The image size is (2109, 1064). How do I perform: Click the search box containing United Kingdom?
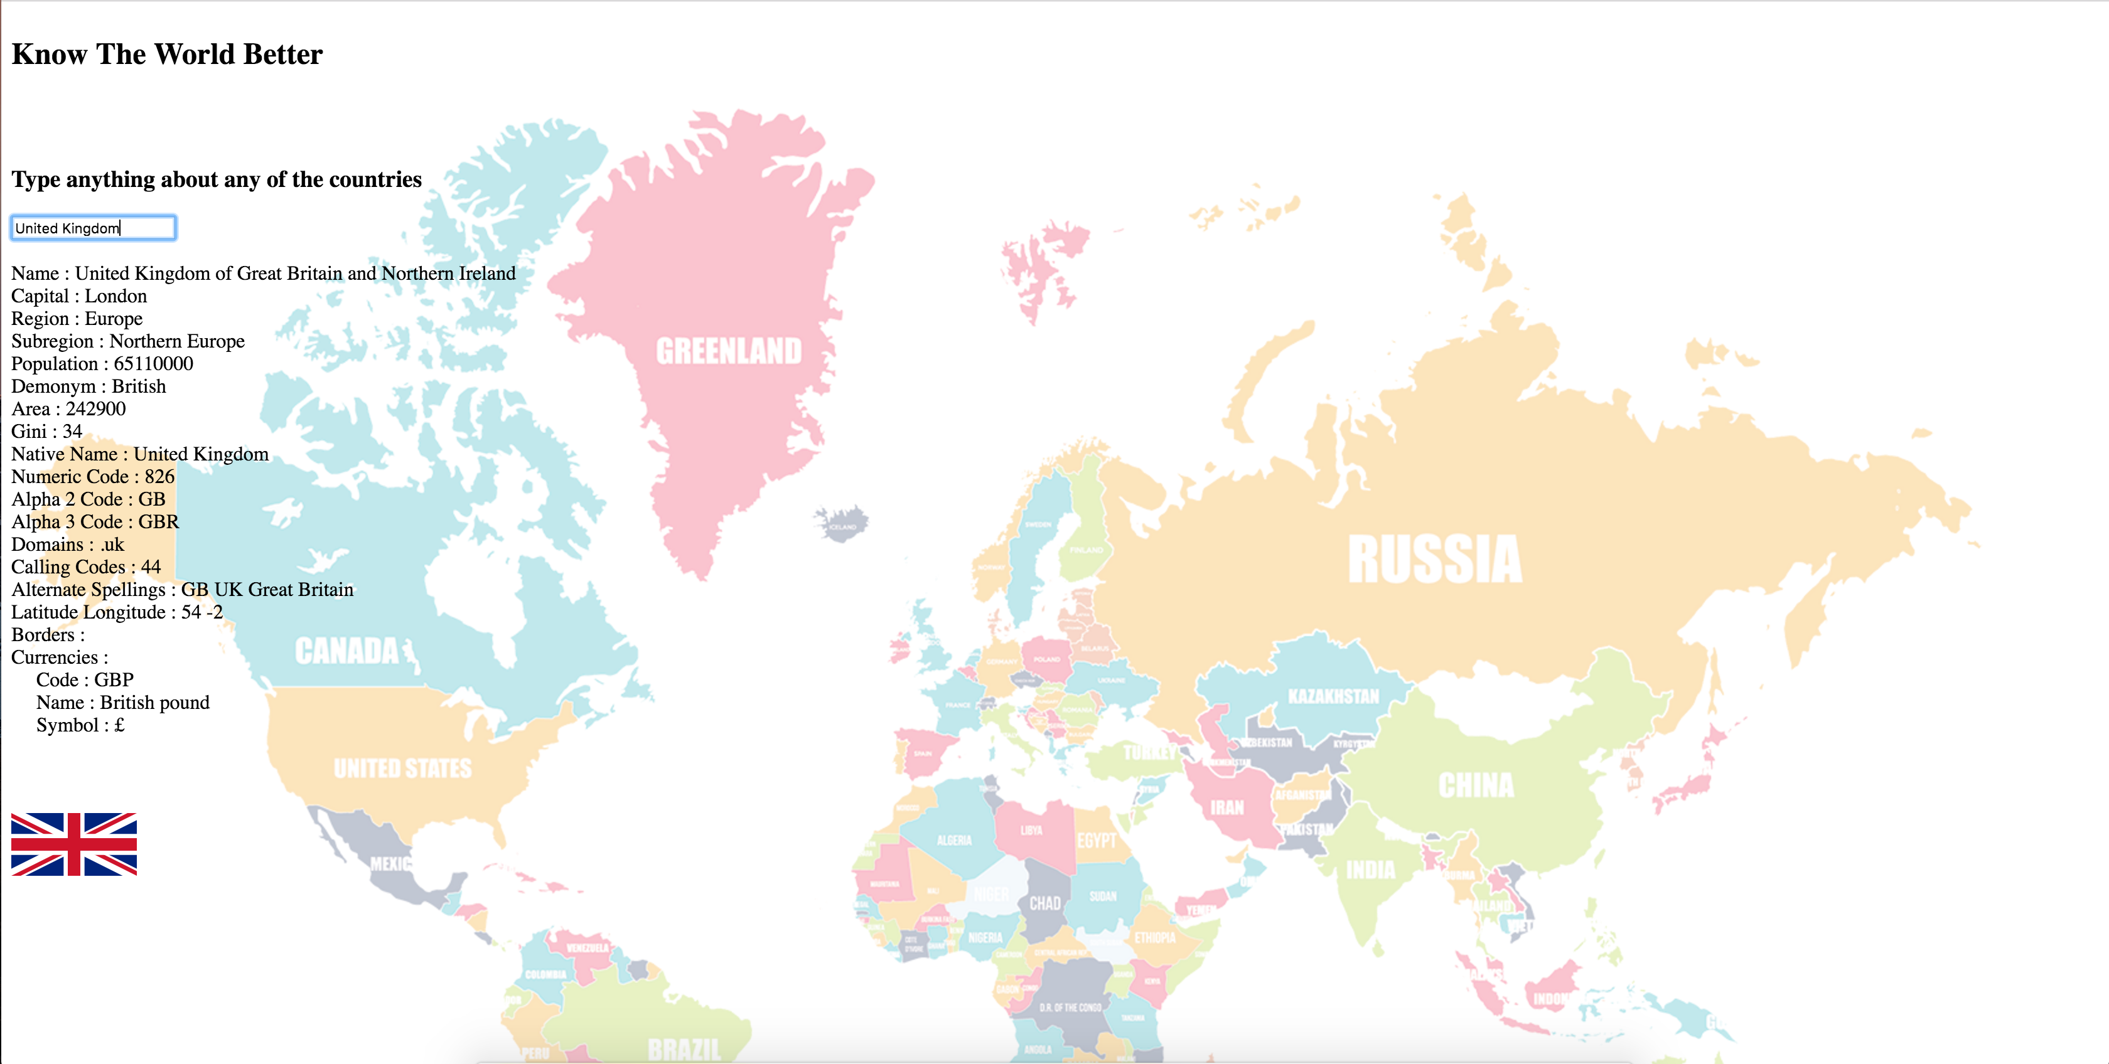pyautogui.click(x=92, y=228)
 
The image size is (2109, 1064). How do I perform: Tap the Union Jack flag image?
pyautogui.click(x=73, y=844)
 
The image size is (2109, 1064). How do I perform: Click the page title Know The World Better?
pyautogui.click(x=167, y=54)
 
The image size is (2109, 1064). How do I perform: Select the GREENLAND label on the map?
pyautogui.click(x=729, y=351)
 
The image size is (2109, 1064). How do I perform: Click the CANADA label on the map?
pyautogui.click(x=347, y=651)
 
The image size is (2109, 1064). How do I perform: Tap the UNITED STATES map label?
pyautogui.click(x=403, y=769)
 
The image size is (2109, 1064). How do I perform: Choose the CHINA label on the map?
pyautogui.click(x=1476, y=785)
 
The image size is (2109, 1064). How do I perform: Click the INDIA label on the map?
pyautogui.click(x=1370, y=870)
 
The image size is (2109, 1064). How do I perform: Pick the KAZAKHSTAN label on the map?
pyautogui.click(x=1333, y=696)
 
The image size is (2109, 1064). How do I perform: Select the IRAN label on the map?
pyautogui.click(x=1226, y=808)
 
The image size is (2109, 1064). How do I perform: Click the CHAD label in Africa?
pyautogui.click(x=1044, y=903)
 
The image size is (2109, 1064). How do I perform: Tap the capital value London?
pyautogui.click(x=115, y=296)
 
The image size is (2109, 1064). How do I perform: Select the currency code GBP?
pyautogui.click(x=114, y=680)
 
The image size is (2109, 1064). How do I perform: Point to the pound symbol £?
pyautogui.click(x=119, y=725)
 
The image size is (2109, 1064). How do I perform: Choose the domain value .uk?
pyautogui.click(x=112, y=545)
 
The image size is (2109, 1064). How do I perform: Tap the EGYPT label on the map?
pyautogui.click(x=1097, y=841)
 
